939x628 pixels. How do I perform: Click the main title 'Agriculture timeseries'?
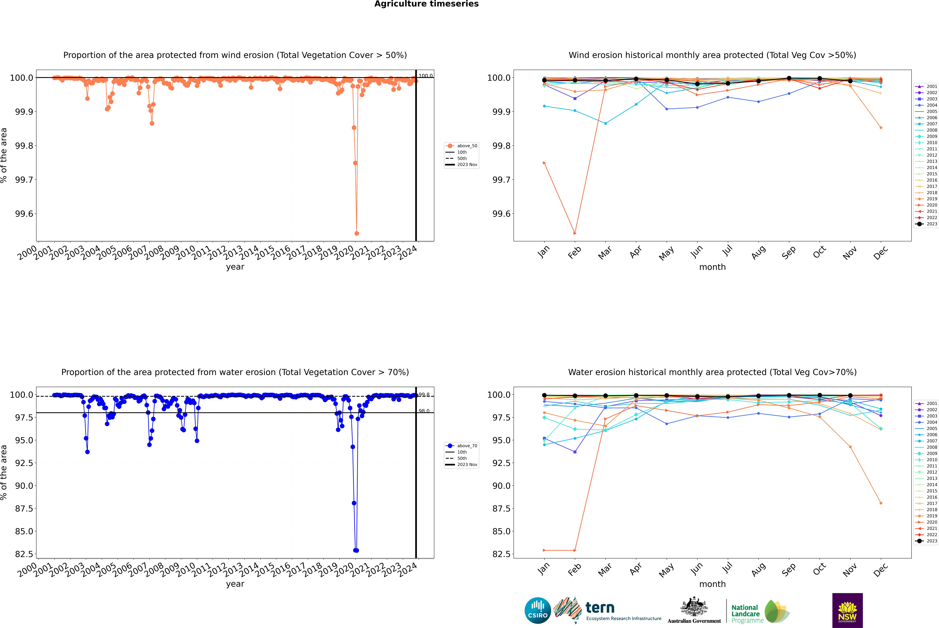[x=426, y=4]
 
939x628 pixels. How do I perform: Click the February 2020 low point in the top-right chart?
[x=575, y=233]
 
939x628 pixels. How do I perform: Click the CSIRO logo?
[x=538, y=610]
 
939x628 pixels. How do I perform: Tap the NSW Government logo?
[x=847, y=610]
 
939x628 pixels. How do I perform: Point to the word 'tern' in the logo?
[x=600, y=608]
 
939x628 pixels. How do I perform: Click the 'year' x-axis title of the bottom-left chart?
[x=235, y=584]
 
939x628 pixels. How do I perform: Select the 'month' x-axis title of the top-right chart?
[x=712, y=267]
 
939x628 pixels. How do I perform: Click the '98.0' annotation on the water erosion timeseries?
[x=424, y=411]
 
